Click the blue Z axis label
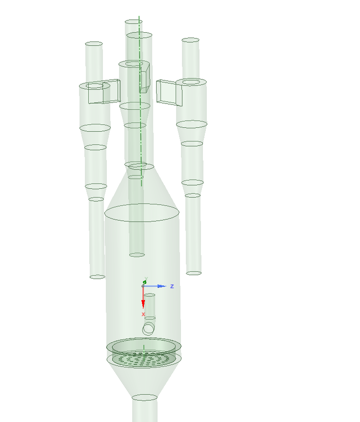(x=172, y=286)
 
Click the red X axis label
(x=143, y=314)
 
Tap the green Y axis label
(x=146, y=279)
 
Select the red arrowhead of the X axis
(x=143, y=304)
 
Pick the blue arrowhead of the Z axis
(x=162, y=286)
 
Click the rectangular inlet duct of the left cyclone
(x=104, y=92)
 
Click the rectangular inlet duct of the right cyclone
(x=169, y=93)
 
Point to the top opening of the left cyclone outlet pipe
(x=94, y=43)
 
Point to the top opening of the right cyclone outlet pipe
(x=191, y=40)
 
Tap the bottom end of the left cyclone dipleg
(x=98, y=277)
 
